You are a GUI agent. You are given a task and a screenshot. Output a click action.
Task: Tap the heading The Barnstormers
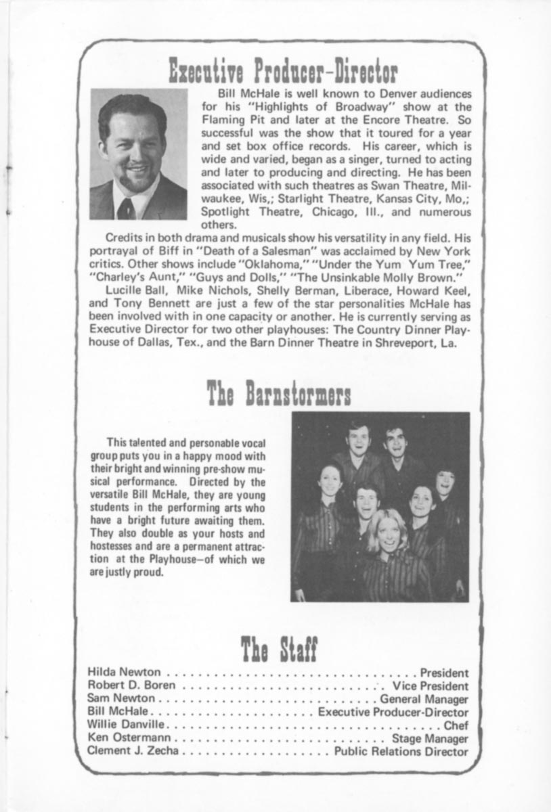point(278,392)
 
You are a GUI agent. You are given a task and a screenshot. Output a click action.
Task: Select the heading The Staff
point(278,649)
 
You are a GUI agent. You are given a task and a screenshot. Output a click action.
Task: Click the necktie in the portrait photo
point(126,206)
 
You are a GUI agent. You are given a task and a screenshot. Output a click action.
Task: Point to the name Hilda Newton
point(125,673)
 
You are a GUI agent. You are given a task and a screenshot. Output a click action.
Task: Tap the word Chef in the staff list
point(456,725)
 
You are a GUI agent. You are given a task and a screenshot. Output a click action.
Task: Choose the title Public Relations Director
point(401,751)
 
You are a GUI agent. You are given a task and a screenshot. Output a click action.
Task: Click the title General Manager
point(424,699)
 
